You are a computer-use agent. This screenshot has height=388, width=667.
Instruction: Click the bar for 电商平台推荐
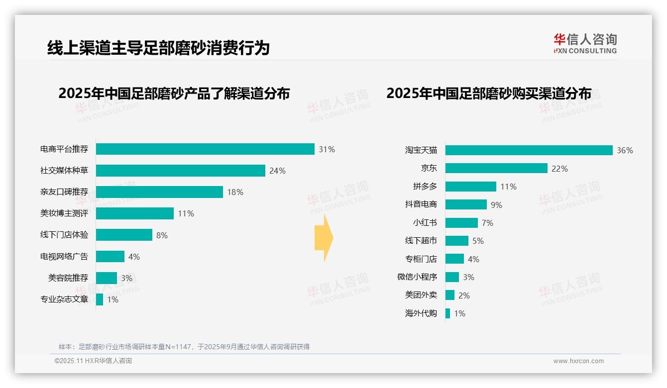tap(205, 149)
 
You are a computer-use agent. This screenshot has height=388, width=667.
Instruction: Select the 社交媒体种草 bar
tap(180, 171)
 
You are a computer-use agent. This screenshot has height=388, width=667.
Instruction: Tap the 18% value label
tap(235, 192)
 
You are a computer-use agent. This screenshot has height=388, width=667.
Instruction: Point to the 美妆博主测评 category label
tap(64, 213)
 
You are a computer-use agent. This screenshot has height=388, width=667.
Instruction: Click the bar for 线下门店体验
tap(124, 235)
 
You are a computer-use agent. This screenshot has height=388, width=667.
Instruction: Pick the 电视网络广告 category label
tap(64, 257)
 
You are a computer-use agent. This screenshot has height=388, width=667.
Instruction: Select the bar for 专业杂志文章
tap(100, 299)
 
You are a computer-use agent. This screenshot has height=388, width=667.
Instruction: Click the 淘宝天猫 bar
tap(529, 150)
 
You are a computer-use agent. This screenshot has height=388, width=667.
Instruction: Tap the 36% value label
tap(625, 150)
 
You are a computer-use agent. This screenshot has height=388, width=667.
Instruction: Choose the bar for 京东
tap(496, 169)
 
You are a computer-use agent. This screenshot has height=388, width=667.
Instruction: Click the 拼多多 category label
tap(425, 187)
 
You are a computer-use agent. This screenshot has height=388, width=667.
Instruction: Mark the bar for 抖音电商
tap(466, 204)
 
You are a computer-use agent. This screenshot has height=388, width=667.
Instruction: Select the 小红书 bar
tap(461, 223)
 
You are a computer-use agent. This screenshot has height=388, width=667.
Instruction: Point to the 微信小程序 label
tap(417, 277)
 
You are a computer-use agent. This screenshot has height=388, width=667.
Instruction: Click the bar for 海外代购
tap(447, 313)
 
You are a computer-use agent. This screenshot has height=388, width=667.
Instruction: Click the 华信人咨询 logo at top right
tap(585, 43)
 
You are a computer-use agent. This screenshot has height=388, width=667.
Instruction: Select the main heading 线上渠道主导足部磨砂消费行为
tap(158, 48)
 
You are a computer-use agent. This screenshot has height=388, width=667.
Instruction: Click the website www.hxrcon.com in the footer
tap(578, 361)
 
